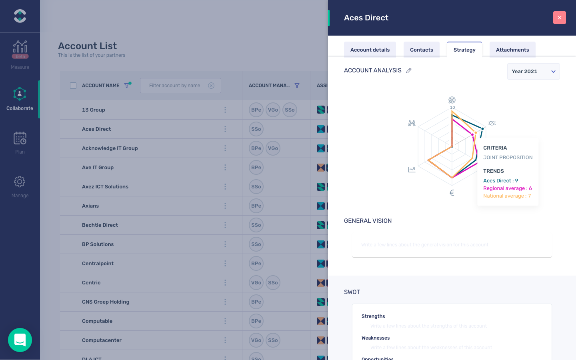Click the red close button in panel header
(559, 18)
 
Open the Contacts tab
(421, 50)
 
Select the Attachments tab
(512, 50)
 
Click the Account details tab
(370, 50)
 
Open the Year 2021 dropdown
(533, 72)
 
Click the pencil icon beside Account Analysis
(409, 71)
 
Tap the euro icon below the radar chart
(452, 193)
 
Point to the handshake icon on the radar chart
(492, 123)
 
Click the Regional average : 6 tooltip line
(507, 188)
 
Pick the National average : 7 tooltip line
(507, 196)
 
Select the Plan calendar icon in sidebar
(20, 138)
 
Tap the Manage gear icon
(20, 182)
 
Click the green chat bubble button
(20, 340)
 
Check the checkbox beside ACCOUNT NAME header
(73, 86)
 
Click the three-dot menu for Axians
(225, 206)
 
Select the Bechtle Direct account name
(100, 225)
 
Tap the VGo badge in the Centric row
(256, 283)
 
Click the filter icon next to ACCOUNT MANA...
(297, 86)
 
